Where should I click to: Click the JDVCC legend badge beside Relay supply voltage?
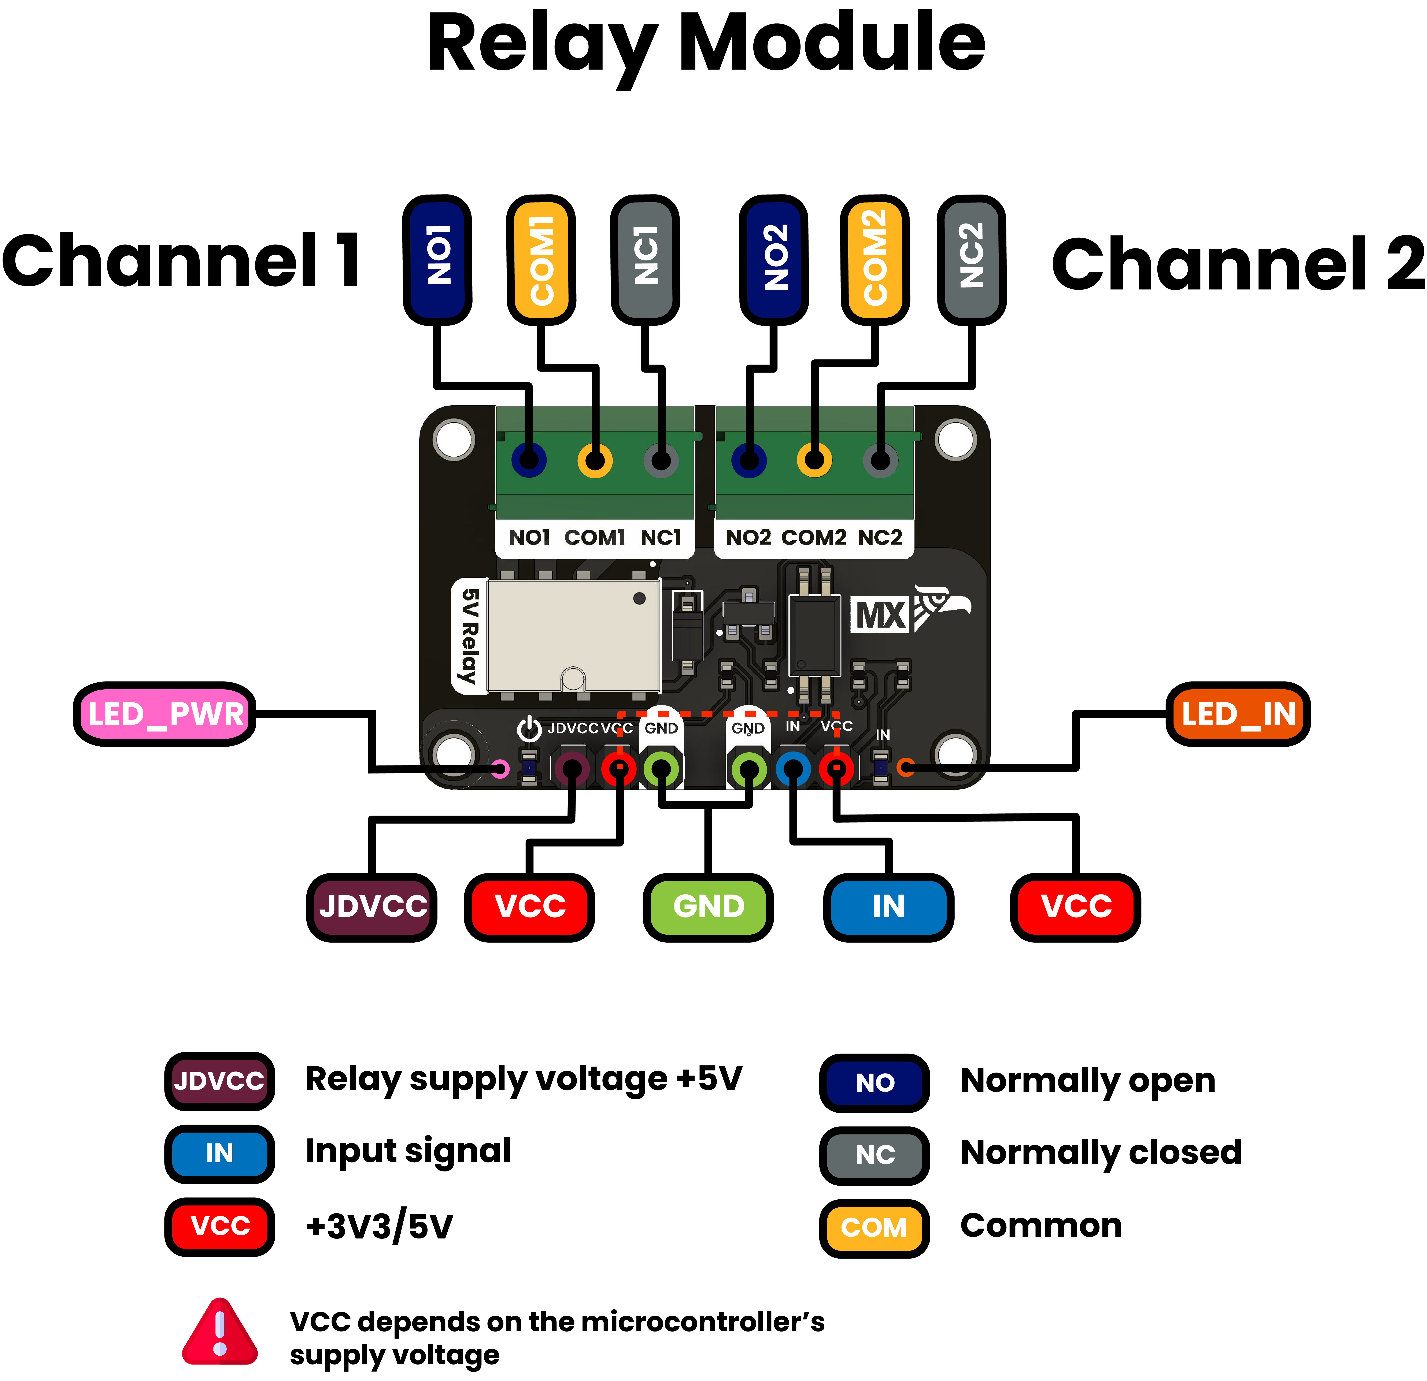click(219, 1081)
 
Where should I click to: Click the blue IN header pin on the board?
click(793, 769)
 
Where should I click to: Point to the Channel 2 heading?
click(1238, 263)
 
